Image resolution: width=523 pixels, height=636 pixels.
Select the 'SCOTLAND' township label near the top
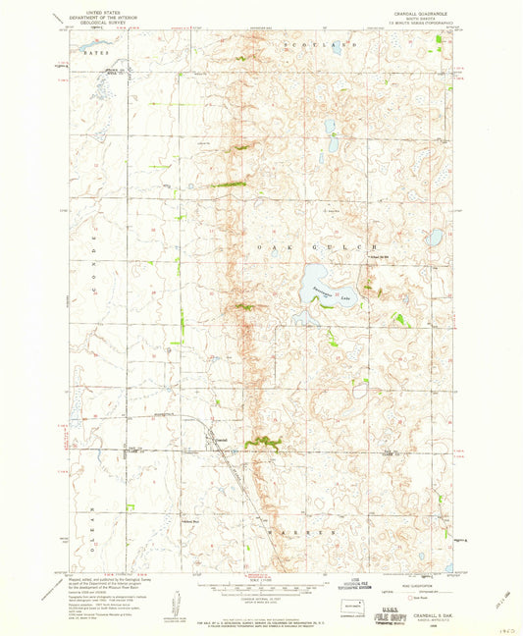pos(319,46)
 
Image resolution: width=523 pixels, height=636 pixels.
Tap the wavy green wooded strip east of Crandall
pos(263,445)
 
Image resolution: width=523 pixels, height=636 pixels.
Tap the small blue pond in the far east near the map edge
pos(435,238)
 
